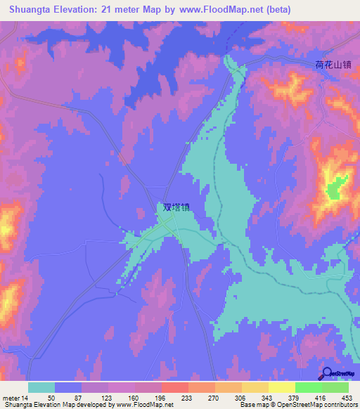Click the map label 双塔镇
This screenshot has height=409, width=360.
[x=176, y=207]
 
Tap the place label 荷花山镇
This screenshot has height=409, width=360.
[x=332, y=65]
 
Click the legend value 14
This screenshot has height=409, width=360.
[x=26, y=398]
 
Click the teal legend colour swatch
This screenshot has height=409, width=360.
[x=41, y=387]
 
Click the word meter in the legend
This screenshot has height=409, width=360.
[x=11, y=398]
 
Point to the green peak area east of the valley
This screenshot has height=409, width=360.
[x=336, y=186]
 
